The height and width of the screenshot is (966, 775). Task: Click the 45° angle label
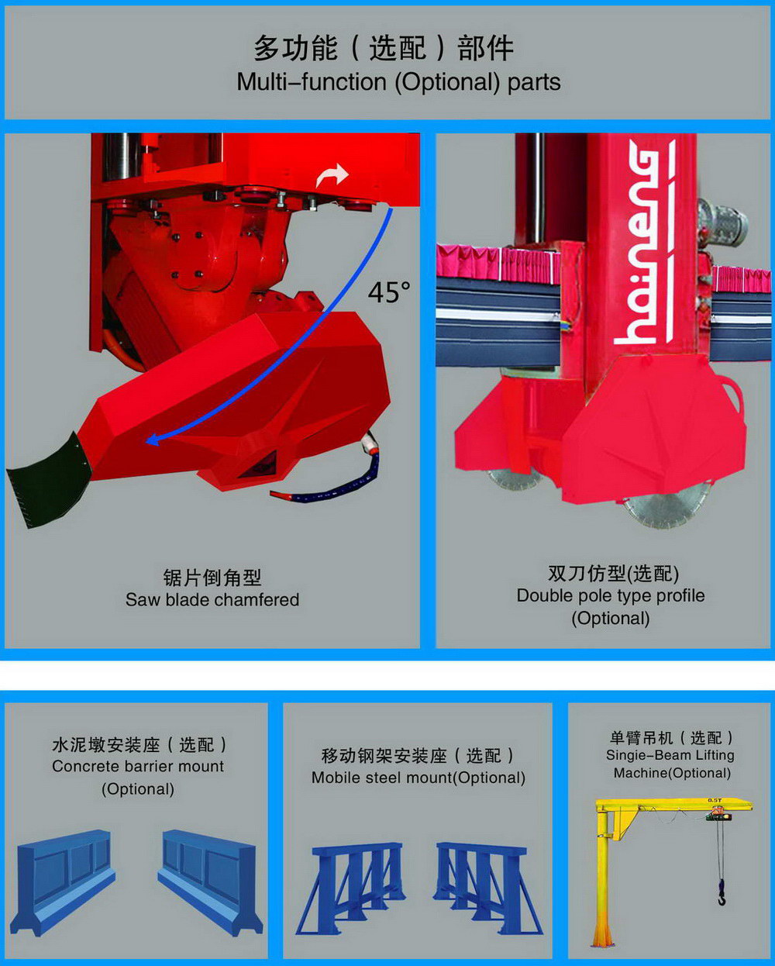pos(388,292)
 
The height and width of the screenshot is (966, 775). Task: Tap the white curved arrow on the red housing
pos(332,175)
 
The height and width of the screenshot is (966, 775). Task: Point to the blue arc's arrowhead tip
pos(146,441)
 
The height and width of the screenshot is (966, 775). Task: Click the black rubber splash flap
pos(49,481)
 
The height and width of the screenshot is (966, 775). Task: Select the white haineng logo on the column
pos(645,243)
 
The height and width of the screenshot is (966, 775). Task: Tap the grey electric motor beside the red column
pos(721,223)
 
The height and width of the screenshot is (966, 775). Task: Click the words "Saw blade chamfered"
pos(212,600)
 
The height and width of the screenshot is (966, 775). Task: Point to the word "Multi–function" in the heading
pos(312,82)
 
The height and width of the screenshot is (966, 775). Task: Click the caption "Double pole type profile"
pos(610,595)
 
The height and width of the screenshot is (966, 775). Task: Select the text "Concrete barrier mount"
pos(138,766)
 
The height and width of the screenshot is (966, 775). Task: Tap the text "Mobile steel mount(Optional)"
pos(418,778)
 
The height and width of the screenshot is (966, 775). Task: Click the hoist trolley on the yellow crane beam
pos(716,813)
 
